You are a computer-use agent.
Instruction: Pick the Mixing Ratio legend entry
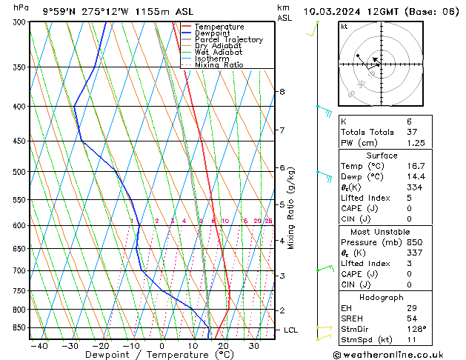pos(219,65)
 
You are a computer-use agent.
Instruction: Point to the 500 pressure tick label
pos(18,172)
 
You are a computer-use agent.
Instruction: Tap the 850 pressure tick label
pos(18,327)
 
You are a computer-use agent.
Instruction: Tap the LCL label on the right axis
pos(290,330)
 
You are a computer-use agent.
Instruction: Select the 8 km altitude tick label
pos(282,92)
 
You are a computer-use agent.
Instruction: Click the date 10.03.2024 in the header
pos(333,11)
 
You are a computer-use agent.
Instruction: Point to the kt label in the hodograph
pos(344,27)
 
